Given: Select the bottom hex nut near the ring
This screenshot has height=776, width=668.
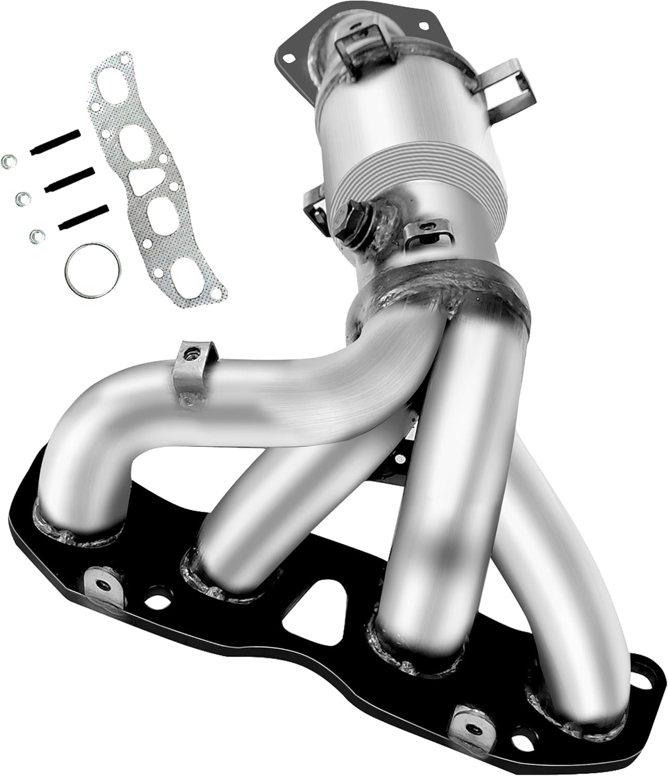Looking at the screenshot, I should point(36,236).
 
